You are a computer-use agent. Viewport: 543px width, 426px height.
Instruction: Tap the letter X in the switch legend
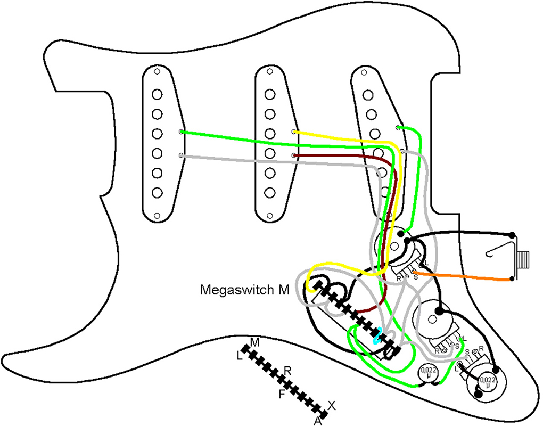[x=332, y=405]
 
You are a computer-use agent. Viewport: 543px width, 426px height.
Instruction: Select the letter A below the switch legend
[x=318, y=421]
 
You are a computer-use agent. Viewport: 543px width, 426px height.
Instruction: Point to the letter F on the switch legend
[x=282, y=394]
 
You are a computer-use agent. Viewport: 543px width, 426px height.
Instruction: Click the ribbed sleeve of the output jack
[x=525, y=259]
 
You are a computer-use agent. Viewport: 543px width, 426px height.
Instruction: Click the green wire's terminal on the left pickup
[x=182, y=132]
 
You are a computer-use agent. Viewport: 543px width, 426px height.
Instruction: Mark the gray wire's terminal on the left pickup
[x=182, y=155]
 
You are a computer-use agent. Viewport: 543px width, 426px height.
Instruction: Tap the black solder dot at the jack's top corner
[x=512, y=235]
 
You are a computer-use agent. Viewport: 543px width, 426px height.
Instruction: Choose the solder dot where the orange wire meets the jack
[x=512, y=278]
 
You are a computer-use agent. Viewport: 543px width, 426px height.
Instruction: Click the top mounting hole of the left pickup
[x=157, y=70]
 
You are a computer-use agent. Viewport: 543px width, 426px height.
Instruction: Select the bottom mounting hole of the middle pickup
[x=270, y=215]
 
